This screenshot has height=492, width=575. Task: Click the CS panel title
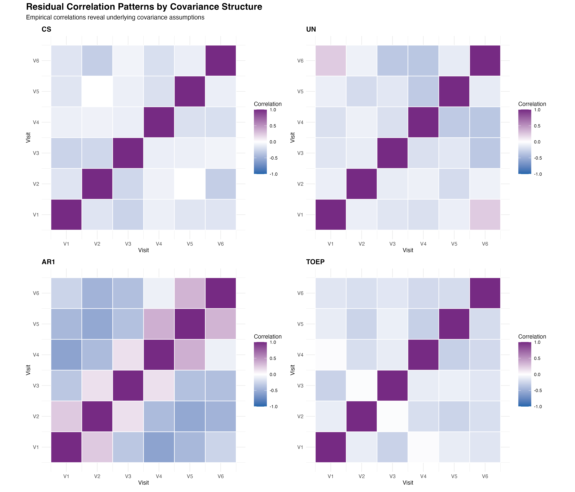[x=46, y=29]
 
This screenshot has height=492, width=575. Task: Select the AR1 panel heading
[x=48, y=262]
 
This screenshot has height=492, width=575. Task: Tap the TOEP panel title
[x=315, y=262]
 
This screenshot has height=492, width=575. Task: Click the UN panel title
[x=311, y=29]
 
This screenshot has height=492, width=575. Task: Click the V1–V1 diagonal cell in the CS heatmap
[x=66, y=214]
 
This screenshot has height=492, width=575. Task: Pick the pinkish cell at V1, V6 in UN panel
[x=330, y=60]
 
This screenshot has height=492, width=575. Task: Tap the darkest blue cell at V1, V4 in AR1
[x=66, y=355]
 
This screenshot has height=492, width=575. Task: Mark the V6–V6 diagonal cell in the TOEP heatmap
[x=485, y=293]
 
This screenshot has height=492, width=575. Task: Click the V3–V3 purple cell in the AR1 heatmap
[x=128, y=385]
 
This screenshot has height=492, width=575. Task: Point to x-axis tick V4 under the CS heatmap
[x=159, y=244]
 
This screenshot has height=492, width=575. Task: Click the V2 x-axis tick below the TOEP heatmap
[x=361, y=476]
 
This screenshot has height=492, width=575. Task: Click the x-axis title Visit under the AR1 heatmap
[x=143, y=483]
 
